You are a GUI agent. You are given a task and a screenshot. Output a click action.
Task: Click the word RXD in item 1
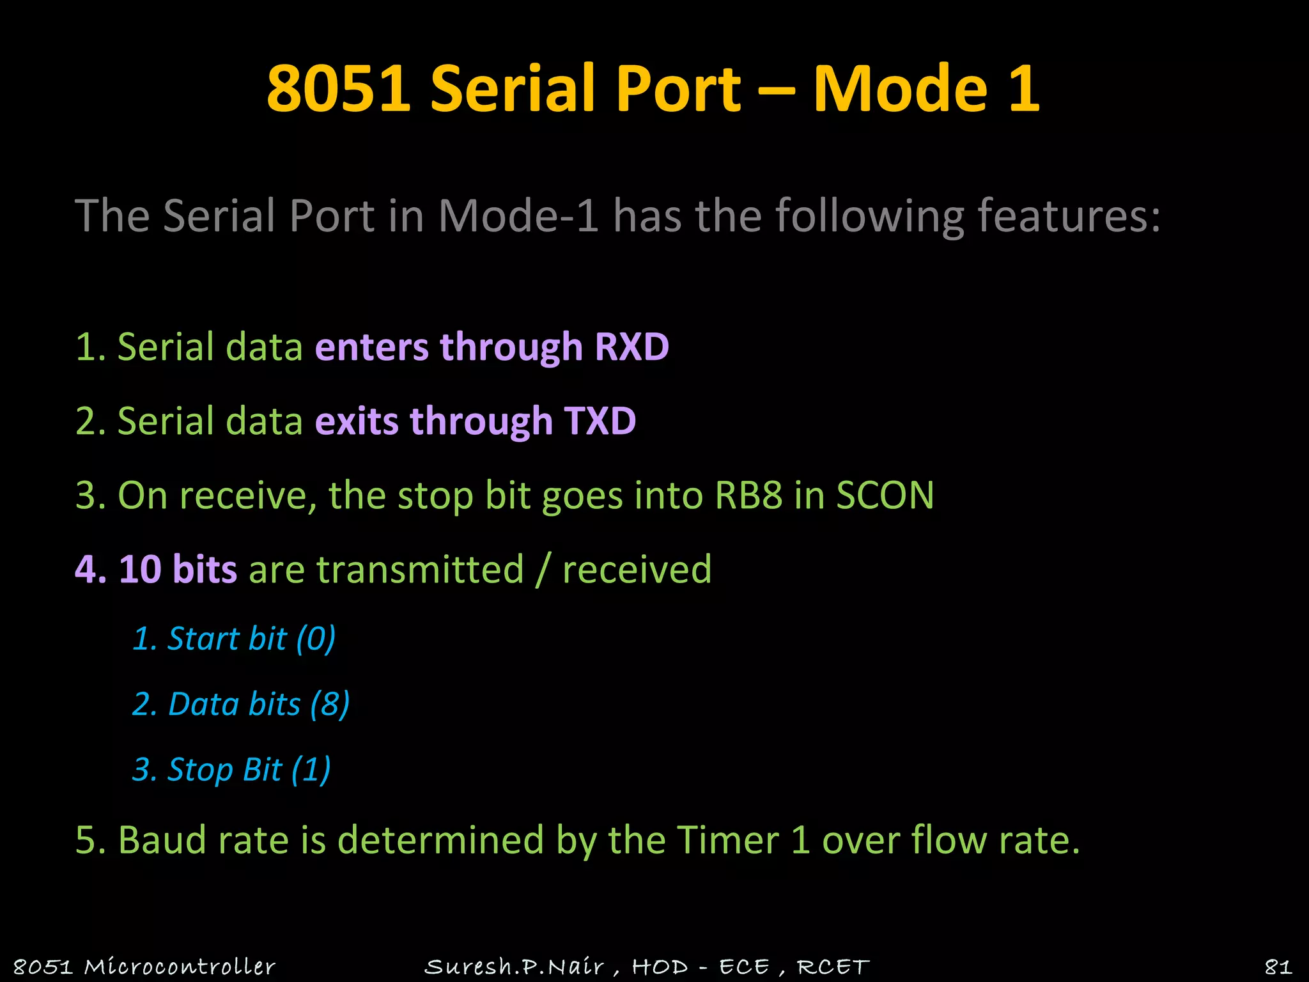631,347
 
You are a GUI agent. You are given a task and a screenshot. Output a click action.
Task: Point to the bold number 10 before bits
140,569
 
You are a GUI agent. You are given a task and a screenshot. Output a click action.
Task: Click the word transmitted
420,569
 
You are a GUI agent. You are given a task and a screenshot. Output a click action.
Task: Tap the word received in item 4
637,569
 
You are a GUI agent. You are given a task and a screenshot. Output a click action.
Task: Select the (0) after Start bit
316,639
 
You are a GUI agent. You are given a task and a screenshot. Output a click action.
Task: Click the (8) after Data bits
330,705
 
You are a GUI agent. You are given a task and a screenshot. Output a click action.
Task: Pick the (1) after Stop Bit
311,770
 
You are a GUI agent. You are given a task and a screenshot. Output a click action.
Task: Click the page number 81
1278,966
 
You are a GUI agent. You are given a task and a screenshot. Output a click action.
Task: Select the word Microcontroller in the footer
180,966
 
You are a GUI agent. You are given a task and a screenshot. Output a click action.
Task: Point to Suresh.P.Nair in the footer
514,966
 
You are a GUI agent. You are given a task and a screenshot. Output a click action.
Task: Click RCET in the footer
833,966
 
